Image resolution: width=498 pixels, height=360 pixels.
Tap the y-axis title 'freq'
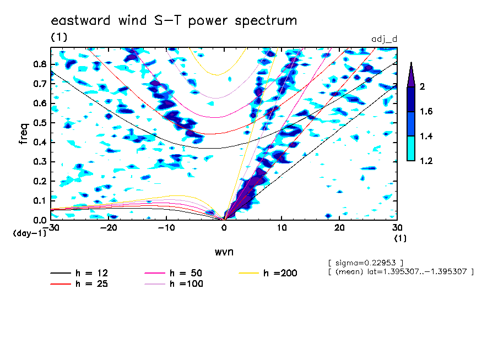click(x=24, y=134)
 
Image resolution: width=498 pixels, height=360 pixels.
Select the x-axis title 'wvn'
click(x=224, y=252)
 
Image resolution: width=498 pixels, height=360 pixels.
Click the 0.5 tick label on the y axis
click(x=40, y=123)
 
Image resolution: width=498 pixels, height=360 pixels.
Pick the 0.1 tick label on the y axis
click(x=40, y=201)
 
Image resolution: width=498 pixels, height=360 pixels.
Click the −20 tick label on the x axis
click(x=109, y=228)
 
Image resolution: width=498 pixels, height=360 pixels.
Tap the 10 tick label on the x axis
click(x=282, y=228)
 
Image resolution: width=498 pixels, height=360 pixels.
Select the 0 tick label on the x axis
click(x=224, y=228)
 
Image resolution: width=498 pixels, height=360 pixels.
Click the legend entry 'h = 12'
click(x=79, y=273)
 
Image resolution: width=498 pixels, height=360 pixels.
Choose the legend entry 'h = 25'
click(x=79, y=283)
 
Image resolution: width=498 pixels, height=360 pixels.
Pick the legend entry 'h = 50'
click(x=174, y=273)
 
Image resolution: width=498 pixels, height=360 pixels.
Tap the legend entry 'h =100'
click(x=174, y=283)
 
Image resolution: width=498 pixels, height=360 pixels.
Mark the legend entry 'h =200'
click(x=268, y=273)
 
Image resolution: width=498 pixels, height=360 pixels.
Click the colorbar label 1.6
click(x=426, y=111)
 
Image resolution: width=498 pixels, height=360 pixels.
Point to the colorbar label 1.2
click(x=426, y=161)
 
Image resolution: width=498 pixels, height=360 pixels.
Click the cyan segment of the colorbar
click(x=411, y=148)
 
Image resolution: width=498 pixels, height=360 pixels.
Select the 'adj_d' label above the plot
click(x=385, y=39)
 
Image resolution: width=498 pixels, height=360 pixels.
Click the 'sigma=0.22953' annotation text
click(x=366, y=263)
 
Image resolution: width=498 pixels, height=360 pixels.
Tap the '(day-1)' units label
click(x=30, y=233)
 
